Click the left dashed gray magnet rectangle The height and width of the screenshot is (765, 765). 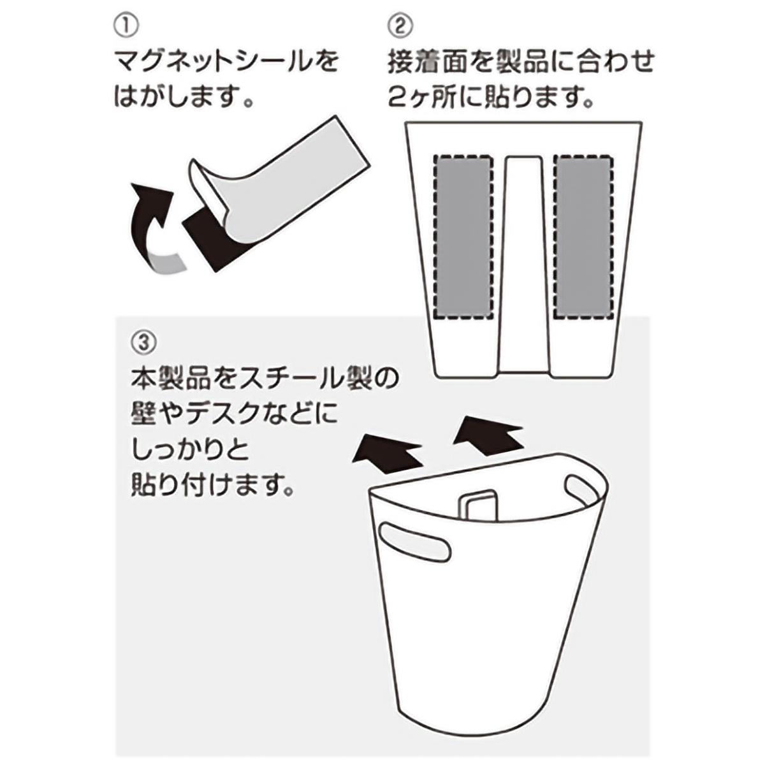pos(463,237)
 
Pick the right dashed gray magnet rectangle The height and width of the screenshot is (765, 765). pos(583,237)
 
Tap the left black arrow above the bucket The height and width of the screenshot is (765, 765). pos(388,454)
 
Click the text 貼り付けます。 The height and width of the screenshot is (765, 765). pos(213,484)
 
